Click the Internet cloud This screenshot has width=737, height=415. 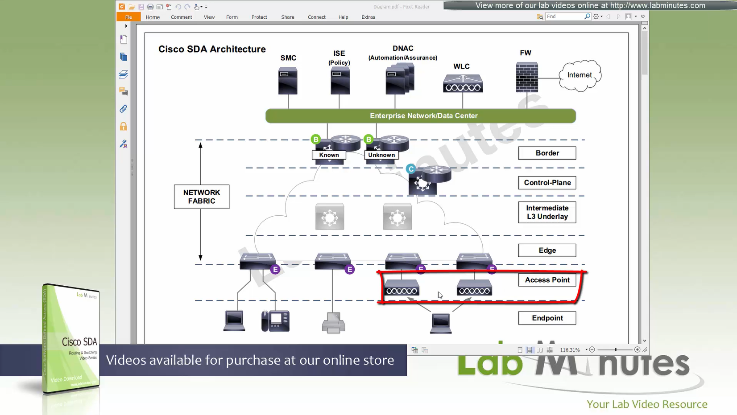[580, 75]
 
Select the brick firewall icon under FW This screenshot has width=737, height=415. [526, 77]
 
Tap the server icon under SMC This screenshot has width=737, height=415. [288, 80]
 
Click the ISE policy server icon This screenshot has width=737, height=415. [340, 81]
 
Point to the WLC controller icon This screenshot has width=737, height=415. [463, 83]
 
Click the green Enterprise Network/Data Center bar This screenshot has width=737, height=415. [421, 116]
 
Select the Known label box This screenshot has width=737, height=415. [329, 155]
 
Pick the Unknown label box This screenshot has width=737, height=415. [381, 155]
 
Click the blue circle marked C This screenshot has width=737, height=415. [411, 169]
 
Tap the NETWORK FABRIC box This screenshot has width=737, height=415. [202, 197]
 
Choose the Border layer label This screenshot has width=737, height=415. [547, 153]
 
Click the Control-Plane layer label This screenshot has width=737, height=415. [547, 183]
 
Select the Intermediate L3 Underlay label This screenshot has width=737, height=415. [547, 212]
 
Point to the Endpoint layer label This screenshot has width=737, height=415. [547, 318]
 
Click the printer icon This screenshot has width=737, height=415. [333, 323]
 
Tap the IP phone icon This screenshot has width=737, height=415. [275, 321]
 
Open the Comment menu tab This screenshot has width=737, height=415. [181, 17]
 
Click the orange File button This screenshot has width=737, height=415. [128, 17]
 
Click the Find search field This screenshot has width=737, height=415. [565, 16]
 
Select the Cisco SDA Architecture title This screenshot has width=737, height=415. [212, 49]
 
